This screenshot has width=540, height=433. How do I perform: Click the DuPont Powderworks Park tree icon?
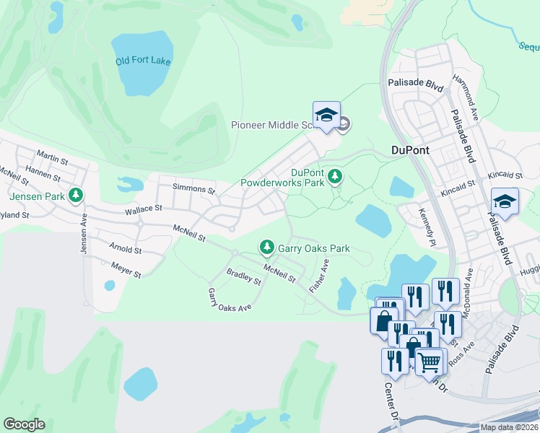(x=334, y=175)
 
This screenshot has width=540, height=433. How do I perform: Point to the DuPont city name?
(x=410, y=150)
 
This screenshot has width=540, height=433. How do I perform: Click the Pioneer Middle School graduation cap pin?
(x=326, y=115)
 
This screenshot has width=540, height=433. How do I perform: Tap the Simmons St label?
(x=193, y=190)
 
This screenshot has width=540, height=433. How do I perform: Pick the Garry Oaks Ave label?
(x=229, y=299)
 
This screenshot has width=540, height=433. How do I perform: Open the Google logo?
(x=24, y=424)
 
